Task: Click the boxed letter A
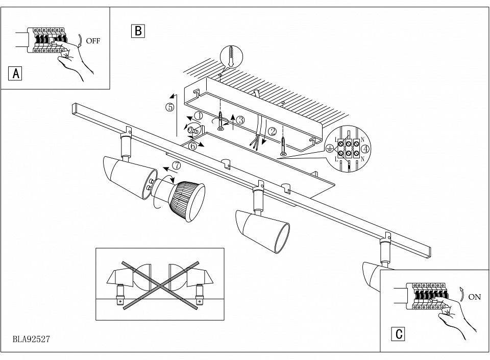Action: pos(15,74)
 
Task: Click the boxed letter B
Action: pos(138,31)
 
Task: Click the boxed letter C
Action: pos(398,334)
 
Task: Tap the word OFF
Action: pos(93,41)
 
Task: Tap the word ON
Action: pos(474,297)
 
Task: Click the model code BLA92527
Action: pos(31,339)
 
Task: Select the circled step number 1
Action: pos(199,115)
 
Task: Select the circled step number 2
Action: pos(273,132)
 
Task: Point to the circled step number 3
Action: pos(240,120)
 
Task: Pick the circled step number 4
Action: pos(365,149)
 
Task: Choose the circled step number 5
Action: pos(169,107)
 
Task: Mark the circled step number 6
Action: pos(192,146)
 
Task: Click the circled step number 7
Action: pos(177,164)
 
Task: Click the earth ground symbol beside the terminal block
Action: pos(329,149)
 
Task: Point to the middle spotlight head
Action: pos(262,230)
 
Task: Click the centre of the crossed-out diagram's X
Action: pos(160,285)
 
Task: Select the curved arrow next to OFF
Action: pos(81,41)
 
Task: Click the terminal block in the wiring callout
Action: pos(348,149)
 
